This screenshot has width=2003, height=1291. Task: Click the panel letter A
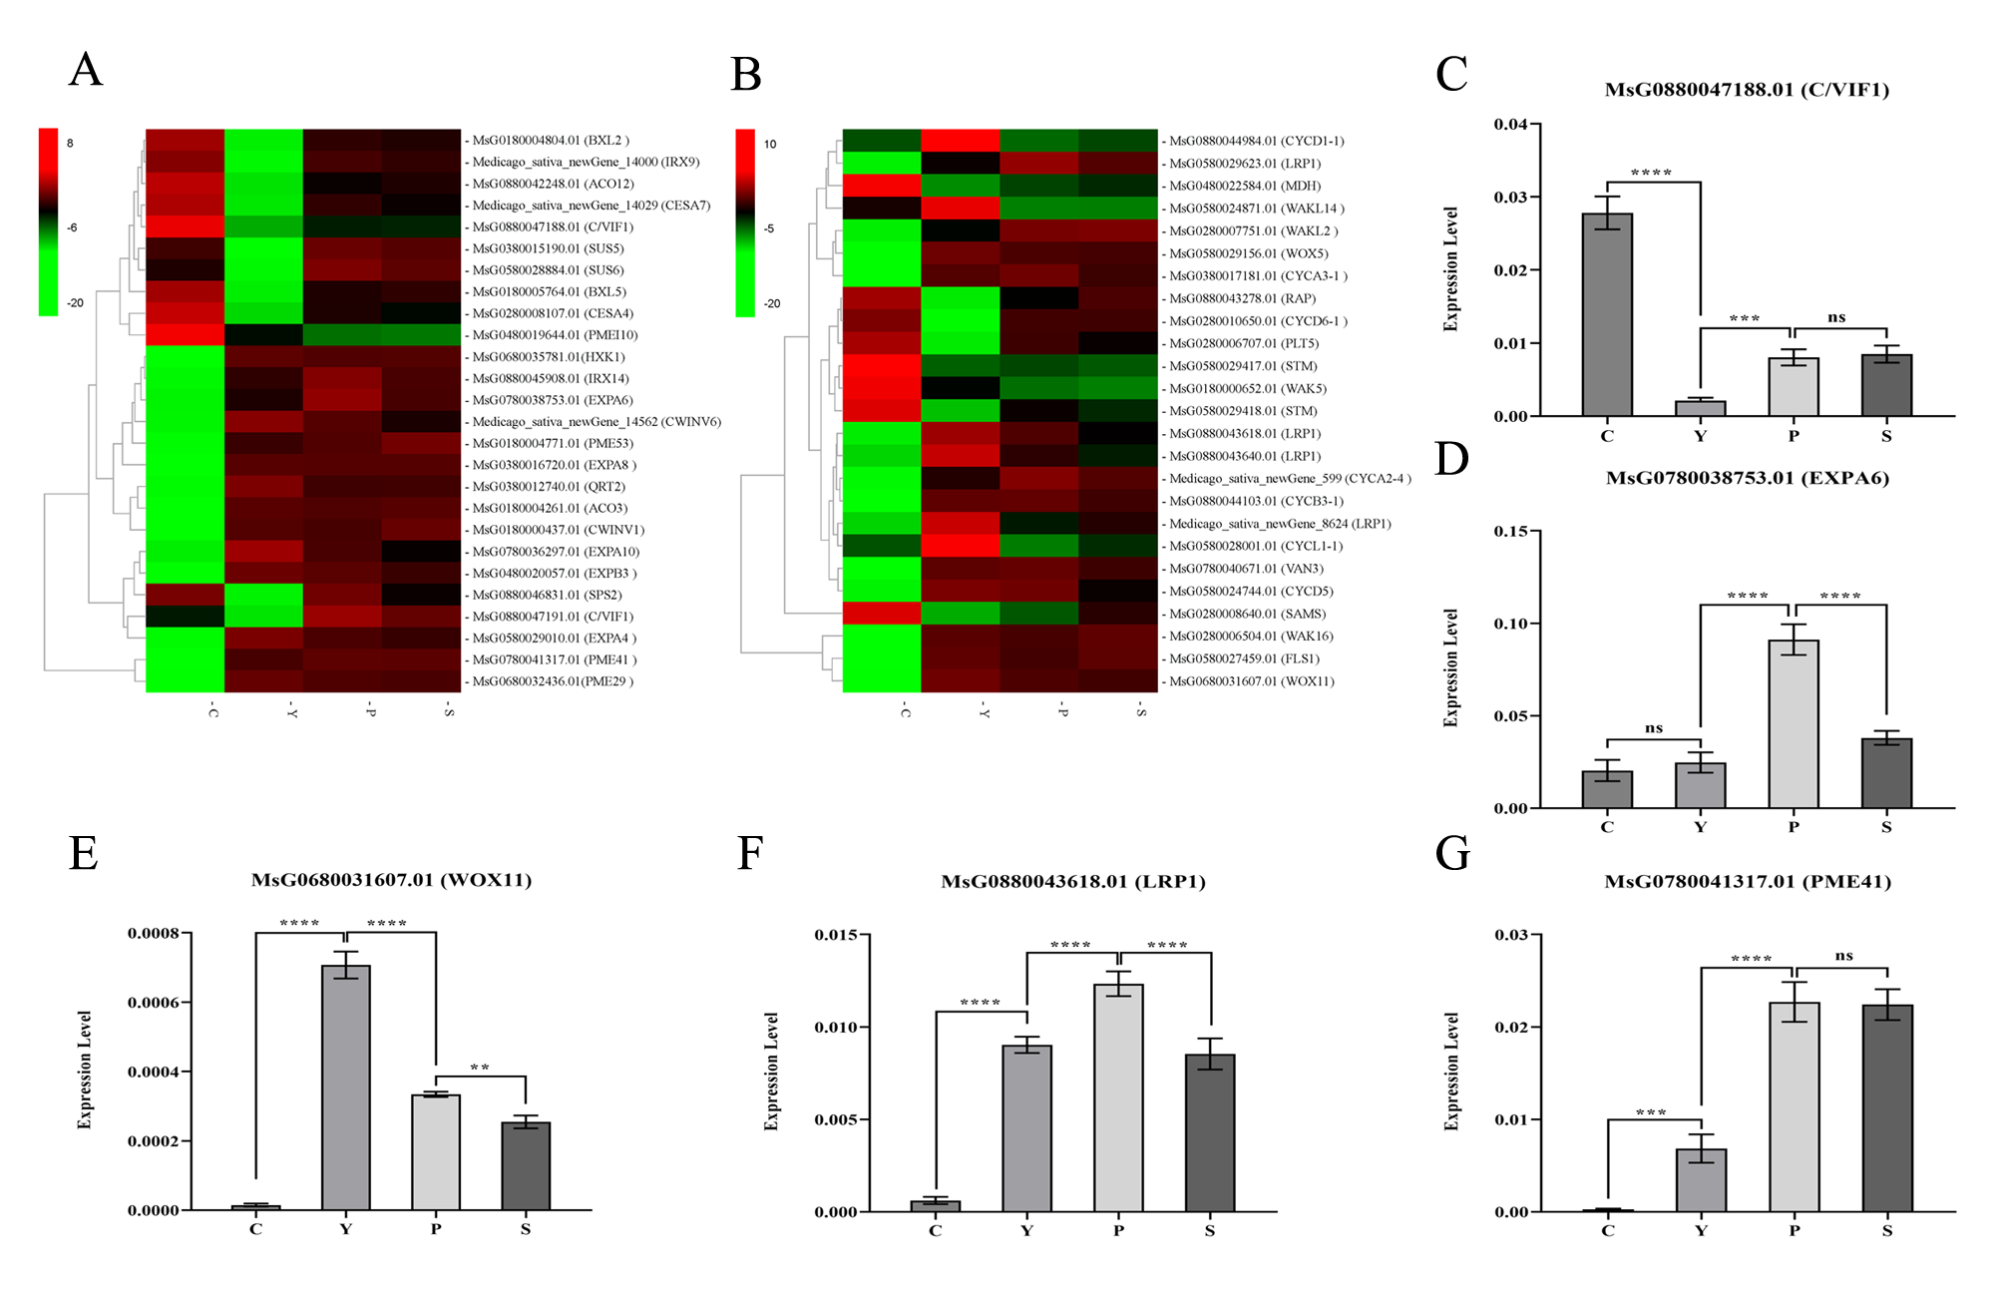86,71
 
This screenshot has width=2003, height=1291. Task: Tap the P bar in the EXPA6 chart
1793,723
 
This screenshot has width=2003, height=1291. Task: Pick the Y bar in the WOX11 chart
345,1087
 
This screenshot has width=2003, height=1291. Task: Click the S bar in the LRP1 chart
1209,1132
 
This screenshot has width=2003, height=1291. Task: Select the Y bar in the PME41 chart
1701,1180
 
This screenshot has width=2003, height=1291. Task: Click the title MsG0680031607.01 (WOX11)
391,880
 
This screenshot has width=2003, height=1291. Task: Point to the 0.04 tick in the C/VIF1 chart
1510,124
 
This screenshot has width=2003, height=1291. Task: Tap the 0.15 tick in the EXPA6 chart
1510,531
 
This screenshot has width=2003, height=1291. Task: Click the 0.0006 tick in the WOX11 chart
153,1003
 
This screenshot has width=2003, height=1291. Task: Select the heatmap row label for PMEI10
555,335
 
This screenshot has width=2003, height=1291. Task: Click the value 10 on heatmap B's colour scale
770,144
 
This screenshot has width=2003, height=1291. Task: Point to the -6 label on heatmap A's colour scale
72,227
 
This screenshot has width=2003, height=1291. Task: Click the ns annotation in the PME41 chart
1843,956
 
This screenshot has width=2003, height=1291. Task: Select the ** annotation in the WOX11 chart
480,1068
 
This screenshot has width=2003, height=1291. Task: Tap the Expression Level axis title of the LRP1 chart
771,1072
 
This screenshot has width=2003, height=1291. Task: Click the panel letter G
1452,854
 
